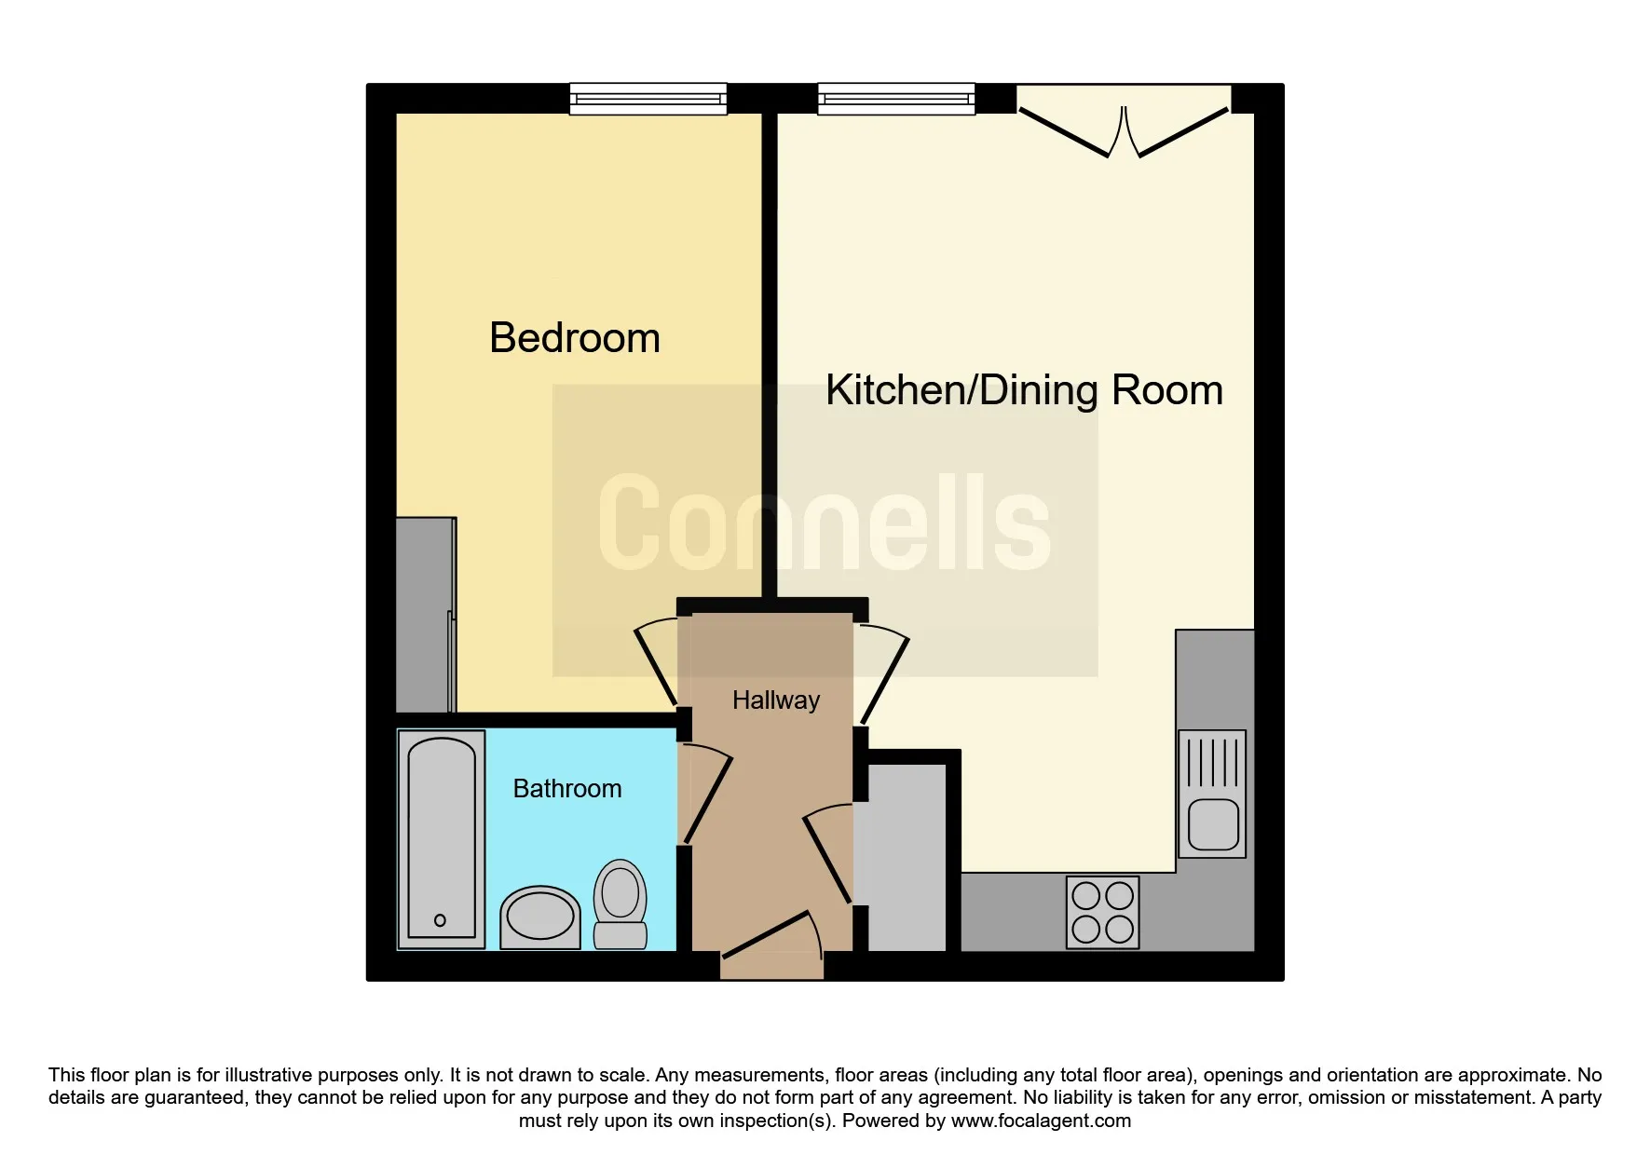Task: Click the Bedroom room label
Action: pos(575,337)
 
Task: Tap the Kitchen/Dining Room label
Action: pos(1024,390)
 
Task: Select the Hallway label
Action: pos(776,700)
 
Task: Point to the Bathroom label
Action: pos(567,789)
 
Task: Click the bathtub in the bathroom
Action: pos(442,838)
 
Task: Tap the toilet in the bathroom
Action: pos(620,904)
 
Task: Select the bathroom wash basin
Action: pos(540,917)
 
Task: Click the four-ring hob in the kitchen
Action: pos(1103,912)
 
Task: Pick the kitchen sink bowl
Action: pos(1214,824)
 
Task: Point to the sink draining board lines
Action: pos(1214,763)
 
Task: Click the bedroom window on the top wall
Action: pos(648,99)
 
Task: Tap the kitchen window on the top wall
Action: pos(896,99)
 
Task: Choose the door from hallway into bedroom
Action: pos(657,662)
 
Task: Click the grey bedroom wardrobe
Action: pos(427,615)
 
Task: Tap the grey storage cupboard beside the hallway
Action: pos(900,858)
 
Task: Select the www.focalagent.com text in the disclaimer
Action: pos(1041,1121)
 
